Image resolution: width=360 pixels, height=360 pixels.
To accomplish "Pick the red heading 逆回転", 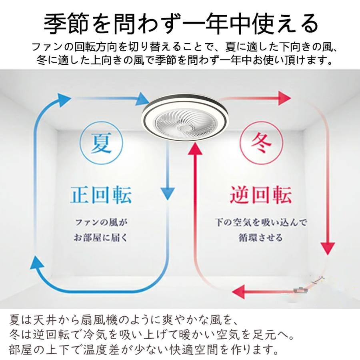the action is (261, 195).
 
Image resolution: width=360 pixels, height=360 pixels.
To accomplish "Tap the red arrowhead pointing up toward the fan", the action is (196, 149).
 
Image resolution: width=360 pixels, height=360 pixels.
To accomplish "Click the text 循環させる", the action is (261, 238).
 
